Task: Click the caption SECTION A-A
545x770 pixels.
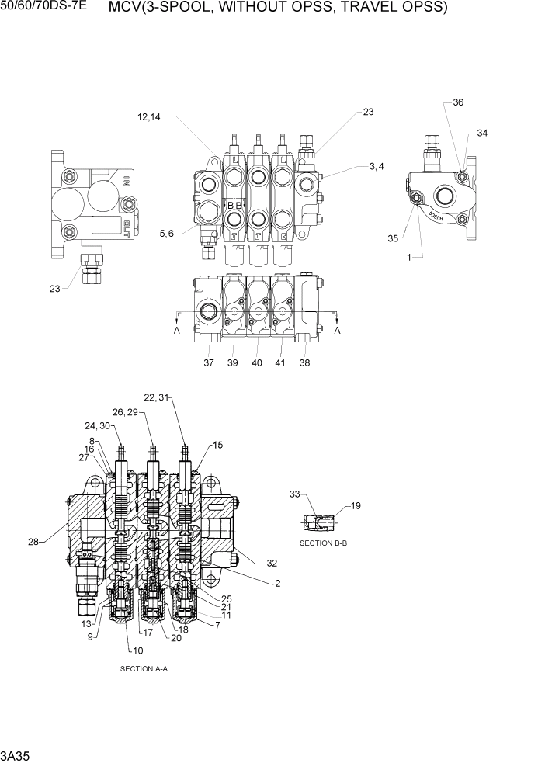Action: [x=144, y=668]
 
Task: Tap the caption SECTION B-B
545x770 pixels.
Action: [x=323, y=543]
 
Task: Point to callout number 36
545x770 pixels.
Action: [x=458, y=102]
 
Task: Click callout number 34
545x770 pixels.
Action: [x=482, y=134]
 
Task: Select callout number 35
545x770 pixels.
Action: [x=393, y=238]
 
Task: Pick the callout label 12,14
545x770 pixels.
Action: [x=150, y=117]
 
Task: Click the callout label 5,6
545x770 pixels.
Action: [x=166, y=232]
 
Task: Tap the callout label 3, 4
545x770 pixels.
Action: [x=376, y=166]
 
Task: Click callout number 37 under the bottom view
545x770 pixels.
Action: [x=209, y=362]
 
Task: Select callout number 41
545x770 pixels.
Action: [x=280, y=362]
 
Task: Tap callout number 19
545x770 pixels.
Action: [x=356, y=506]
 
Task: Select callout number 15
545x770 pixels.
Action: [x=218, y=445]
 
